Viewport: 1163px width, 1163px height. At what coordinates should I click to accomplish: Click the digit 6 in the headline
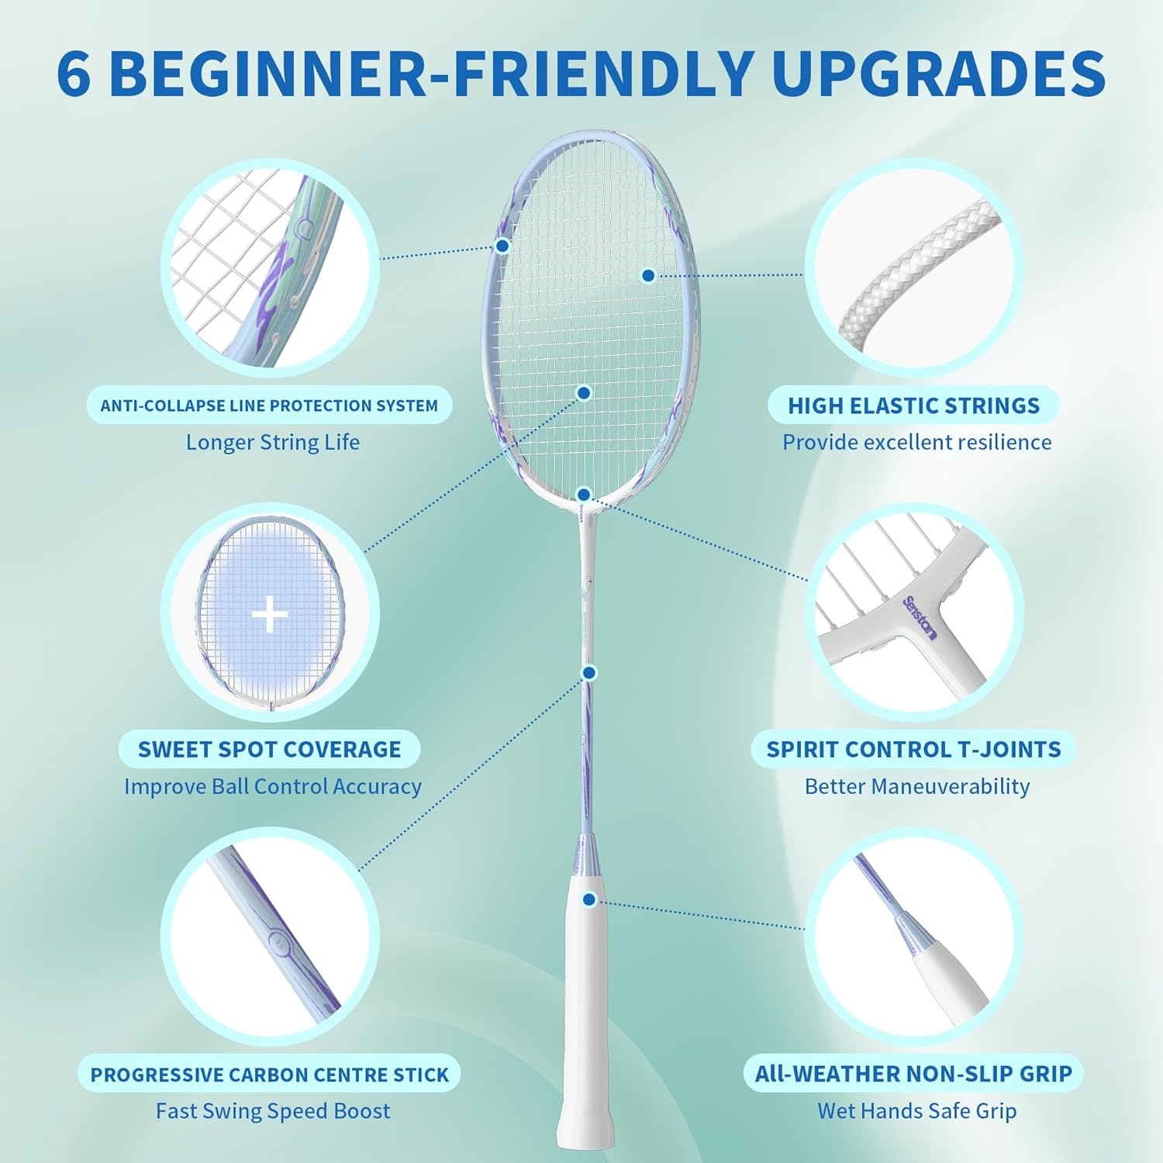[74, 74]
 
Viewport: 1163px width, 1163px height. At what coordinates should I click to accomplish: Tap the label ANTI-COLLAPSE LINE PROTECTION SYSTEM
[269, 405]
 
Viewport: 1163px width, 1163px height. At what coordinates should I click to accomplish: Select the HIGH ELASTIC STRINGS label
[913, 405]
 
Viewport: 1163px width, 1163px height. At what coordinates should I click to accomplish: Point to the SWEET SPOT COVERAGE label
[269, 749]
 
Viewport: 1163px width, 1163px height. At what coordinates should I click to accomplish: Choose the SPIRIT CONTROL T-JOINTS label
[913, 749]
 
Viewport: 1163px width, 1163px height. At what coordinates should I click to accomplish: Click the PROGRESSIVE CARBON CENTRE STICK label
[269, 1075]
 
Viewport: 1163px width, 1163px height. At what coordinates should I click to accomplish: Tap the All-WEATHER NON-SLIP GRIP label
[913, 1074]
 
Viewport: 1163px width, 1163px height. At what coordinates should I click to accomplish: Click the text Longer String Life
[272, 442]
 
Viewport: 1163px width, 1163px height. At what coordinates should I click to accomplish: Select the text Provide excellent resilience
[916, 442]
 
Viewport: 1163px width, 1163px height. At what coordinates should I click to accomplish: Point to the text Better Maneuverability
[917, 786]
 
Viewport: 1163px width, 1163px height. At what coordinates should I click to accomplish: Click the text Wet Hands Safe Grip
[916, 1111]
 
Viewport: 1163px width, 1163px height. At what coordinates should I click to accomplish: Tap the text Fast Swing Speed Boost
[273, 1111]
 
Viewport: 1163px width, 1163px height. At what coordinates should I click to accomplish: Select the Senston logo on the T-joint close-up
[920, 618]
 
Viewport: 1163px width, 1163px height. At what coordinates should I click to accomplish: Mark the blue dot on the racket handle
[589, 899]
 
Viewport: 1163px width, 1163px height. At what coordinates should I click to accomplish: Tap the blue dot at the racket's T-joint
[585, 495]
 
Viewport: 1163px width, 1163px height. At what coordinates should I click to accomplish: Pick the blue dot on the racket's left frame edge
[502, 246]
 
